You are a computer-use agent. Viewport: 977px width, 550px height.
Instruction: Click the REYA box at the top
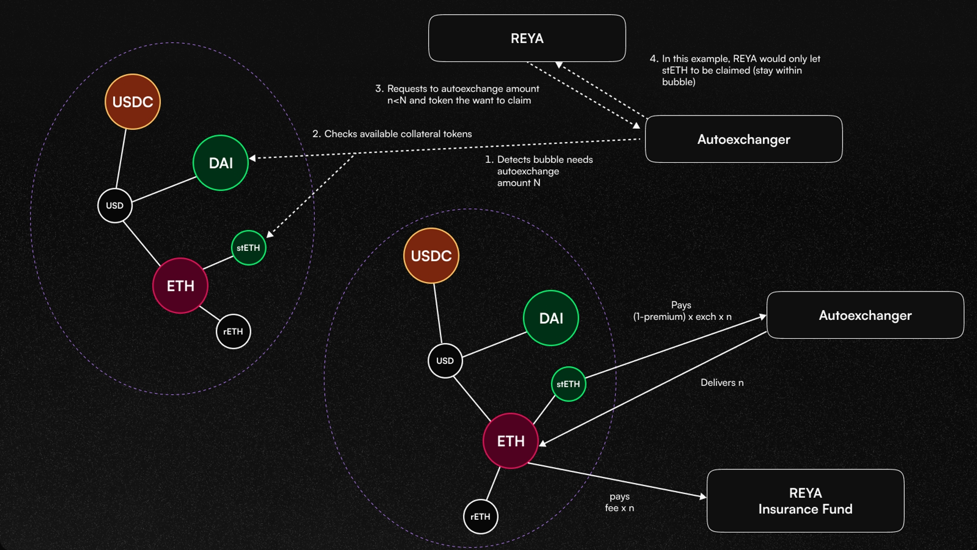(x=527, y=38)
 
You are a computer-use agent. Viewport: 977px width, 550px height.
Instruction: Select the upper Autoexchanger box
(x=743, y=139)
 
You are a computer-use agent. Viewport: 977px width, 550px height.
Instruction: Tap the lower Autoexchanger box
(x=865, y=315)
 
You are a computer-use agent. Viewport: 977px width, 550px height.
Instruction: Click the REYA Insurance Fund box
(x=805, y=501)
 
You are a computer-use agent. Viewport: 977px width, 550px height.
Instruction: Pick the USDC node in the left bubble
(x=132, y=102)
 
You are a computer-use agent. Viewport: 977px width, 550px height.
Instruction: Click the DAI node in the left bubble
(x=221, y=163)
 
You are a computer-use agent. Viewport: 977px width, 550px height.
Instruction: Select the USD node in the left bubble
(x=115, y=205)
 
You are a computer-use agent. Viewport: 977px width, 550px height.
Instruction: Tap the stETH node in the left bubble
(x=249, y=248)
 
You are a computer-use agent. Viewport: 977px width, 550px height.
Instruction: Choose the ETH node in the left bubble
(x=180, y=286)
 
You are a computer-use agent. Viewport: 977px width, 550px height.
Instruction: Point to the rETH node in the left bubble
(x=234, y=331)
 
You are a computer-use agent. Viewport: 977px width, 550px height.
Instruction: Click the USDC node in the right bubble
(x=431, y=256)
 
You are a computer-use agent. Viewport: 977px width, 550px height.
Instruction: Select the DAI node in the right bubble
(x=551, y=318)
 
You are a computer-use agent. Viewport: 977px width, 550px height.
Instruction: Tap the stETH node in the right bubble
(x=568, y=384)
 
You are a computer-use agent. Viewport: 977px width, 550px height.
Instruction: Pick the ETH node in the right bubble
(x=510, y=441)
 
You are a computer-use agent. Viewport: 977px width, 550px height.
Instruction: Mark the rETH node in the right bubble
(x=481, y=517)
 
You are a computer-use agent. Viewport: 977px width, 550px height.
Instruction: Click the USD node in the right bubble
(x=445, y=361)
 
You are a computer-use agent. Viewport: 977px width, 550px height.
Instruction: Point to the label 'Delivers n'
(x=722, y=383)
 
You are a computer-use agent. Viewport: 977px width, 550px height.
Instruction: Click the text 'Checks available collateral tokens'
(x=398, y=134)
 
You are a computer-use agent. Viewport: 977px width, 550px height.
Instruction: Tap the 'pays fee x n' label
(x=619, y=502)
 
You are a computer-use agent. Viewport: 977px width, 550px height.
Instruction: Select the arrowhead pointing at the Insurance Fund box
(x=703, y=497)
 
